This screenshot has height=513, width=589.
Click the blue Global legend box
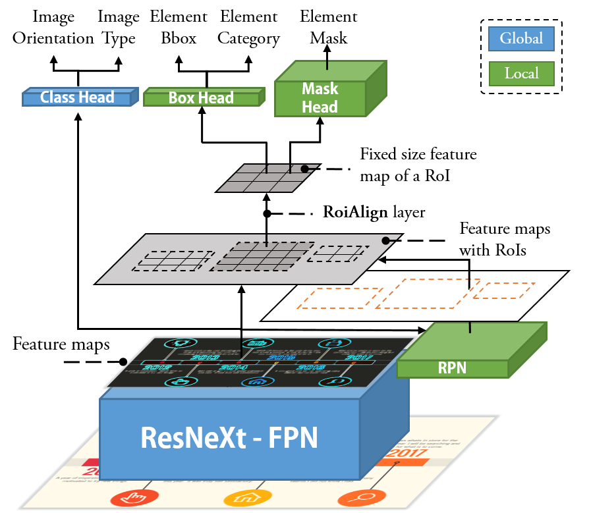click(x=521, y=39)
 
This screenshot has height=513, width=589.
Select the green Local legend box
click(x=521, y=74)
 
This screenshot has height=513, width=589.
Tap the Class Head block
click(x=77, y=97)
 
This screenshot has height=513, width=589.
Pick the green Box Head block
click(x=201, y=98)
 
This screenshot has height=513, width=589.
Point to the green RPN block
click(x=453, y=367)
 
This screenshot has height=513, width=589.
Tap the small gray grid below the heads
click(x=268, y=178)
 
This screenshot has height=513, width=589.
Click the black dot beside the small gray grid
click(x=304, y=169)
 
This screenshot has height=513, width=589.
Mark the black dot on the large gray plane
click(x=385, y=241)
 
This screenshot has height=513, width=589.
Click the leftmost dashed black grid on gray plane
click(x=173, y=261)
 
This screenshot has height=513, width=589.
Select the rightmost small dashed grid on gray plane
click(x=338, y=254)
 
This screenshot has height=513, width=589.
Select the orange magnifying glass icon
click(x=354, y=498)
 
